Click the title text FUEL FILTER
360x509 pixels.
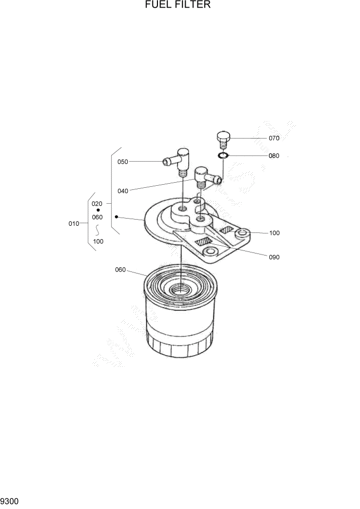pyautogui.click(x=178, y=5)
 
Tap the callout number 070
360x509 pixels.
pyautogui.click(x=274, y=138)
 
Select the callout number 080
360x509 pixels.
pyautogui.click(x=274, y=156)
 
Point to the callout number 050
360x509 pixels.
pyautogui.click(x=123, y=162)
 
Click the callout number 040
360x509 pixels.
pyautogui.click(x=123, y=191)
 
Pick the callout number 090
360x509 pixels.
pyautogui.click(x=274, y=257)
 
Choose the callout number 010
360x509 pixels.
pyautogui.click(x=74, y=224)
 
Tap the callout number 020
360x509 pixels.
pyautogui.click(x=97, y=204)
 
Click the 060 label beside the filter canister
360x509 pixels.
pyautogui.click(x=121, y=270)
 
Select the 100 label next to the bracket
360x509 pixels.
pyautogui.click(x=274, y=233)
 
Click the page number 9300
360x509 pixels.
pyautogui.click(x=10, y=500)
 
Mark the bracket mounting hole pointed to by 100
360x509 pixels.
pyautogui.click(x=242, y=234)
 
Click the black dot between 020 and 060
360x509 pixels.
pyautogui.click(x=98, y=210)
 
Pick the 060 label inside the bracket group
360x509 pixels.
pyautogui.click(x=97, y=217)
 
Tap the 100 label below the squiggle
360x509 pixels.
pyautogui.click(x=98, y=241)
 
